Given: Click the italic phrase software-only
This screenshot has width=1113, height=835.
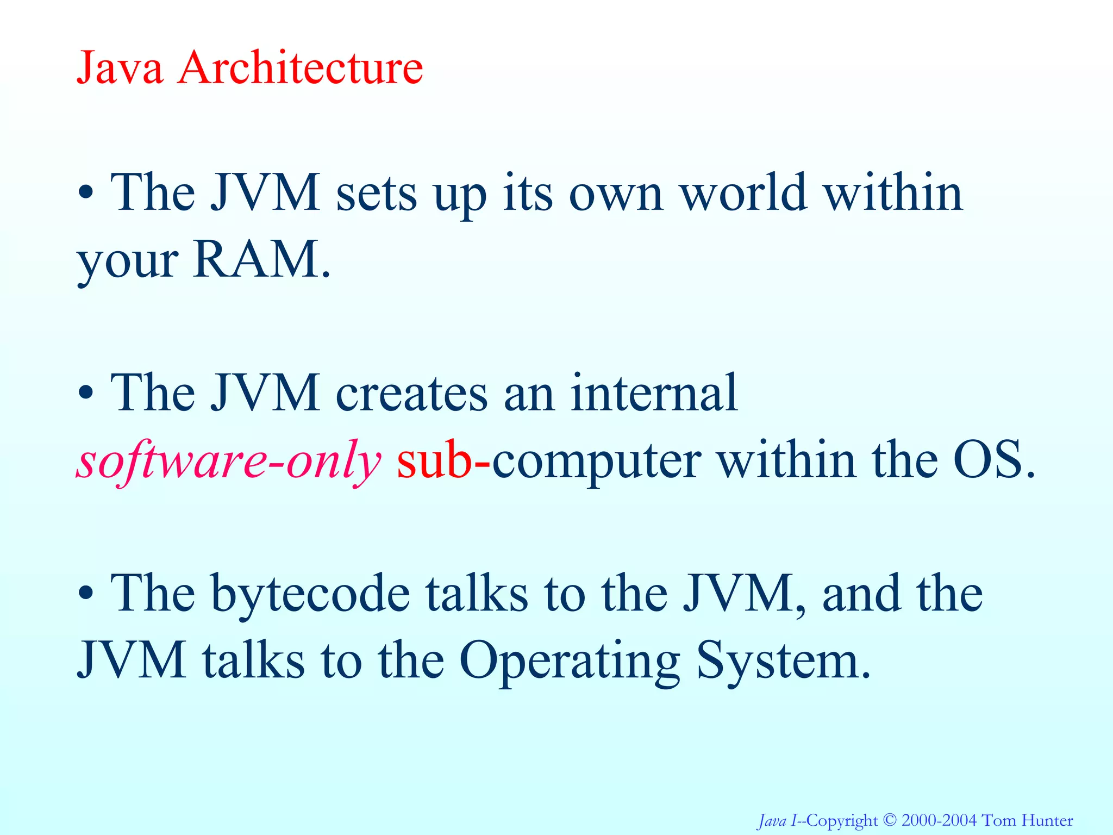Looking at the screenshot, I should click(x=228, y=461).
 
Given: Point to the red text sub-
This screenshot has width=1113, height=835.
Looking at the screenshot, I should click(x=443, y=461).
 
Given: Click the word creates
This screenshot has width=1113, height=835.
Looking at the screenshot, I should click(x=411, y=394).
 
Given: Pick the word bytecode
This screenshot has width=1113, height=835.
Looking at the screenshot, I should click(x=310, y=595).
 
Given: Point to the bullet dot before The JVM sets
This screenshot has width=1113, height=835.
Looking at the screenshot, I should click(x=85, y=193).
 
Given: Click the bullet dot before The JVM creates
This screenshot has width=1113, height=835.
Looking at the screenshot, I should click(x=85, y=393).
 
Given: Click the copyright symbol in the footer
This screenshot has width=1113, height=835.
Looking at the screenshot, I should click(x=890, y=820).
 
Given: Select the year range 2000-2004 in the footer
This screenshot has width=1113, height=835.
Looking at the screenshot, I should click(x=939, y=820).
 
